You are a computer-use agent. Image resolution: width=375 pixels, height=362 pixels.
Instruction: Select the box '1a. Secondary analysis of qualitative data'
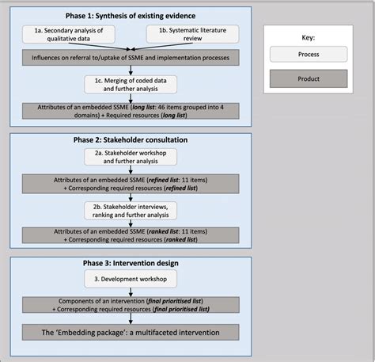click(x=70, y=35)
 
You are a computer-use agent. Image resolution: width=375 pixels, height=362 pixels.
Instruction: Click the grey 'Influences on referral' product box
click(x=130, y=59)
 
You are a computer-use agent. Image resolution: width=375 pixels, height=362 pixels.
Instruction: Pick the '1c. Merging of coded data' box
click(x=131, y=84)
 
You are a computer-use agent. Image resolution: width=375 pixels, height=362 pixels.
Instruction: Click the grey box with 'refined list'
click(x=130, y=185)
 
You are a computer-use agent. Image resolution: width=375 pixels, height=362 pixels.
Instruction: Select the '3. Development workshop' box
click(x=131, y=278)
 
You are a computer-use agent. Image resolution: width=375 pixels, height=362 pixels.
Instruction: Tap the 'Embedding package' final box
click(x=130, y=331)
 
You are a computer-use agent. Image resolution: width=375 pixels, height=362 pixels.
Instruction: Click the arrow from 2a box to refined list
click(x=130, y=171)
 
